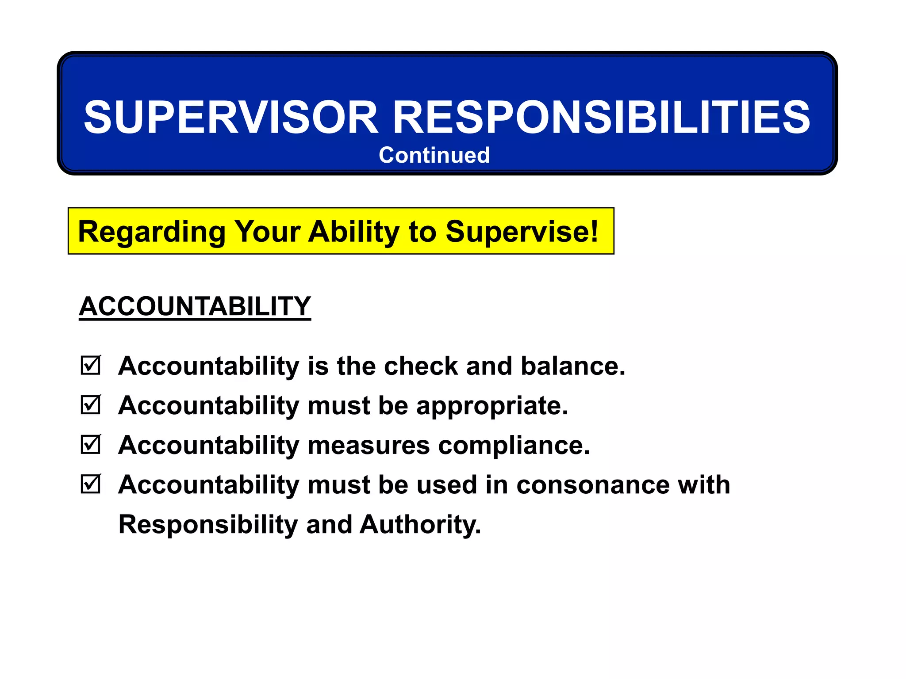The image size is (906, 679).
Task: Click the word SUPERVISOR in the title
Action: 231,117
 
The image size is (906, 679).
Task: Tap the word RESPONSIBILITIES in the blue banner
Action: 601,117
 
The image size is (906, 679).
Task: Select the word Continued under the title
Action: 434,155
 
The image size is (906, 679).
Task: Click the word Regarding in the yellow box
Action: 151,232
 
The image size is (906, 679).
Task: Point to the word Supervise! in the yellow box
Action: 522,231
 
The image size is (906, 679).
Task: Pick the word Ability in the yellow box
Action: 354,232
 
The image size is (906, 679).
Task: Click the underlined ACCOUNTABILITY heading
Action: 195,306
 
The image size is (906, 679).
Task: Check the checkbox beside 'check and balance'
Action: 91,366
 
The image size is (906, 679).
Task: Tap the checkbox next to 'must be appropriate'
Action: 91,405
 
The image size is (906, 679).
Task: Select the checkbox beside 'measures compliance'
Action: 91,445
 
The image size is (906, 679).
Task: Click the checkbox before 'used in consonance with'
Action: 91,484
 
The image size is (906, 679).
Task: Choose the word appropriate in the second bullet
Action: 492,406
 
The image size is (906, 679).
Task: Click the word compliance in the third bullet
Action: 514,445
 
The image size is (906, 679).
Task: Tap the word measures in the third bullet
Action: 369,445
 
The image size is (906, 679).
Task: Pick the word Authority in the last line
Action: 420,524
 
